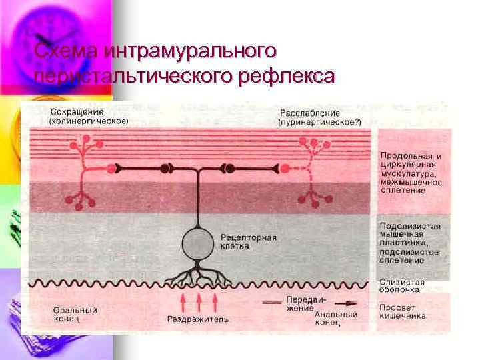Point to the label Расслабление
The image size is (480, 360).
click(310, 113)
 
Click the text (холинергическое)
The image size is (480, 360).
click(89, 122)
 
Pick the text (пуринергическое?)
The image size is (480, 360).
click(319, 122)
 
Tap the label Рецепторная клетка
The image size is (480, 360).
click(247, 241)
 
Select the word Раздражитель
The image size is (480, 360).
click(197, 319)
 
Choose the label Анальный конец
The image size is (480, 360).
click(337, 318)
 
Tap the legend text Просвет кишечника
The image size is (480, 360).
click(403, 312)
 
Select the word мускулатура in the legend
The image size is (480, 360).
click(409, 173)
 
